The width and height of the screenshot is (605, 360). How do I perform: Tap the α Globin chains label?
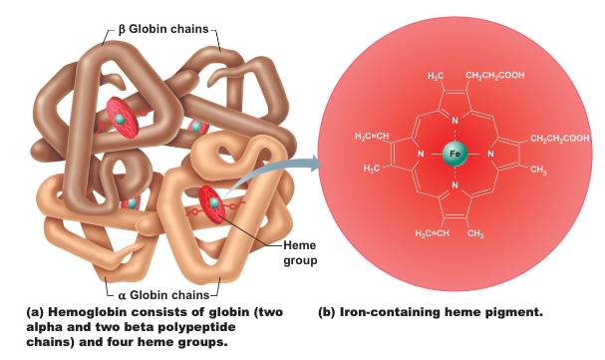pyautogui.click(x=163, y=295)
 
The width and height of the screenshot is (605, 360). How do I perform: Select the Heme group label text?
pyautogui.click(x=300, y=252)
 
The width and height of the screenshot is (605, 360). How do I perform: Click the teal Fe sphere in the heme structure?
pyautogui.click(x=454, y=154)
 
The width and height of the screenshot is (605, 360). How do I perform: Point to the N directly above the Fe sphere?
pyautogui.click(x=454, y=121)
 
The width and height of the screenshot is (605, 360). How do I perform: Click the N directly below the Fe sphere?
pyautogui.click(x=454, y=185)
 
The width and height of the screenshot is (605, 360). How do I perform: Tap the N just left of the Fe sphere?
pyautogui.click(x=421, y=154)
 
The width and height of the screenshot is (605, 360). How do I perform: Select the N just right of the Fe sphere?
pyautogui.click(x=490, y=154)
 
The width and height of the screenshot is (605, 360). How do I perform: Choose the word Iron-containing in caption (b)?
pyautogui.click(x=389, y=312)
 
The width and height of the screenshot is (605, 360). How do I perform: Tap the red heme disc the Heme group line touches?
pyautogui.click(x=212, y=204)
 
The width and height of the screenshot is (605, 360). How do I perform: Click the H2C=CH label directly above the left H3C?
pyautogui.click(x=372, y=137)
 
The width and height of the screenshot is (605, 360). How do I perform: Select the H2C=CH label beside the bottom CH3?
pyautogui.click(x=432, y=233)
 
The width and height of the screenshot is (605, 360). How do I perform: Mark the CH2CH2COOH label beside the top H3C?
pyautogui.click(x=495, y=75)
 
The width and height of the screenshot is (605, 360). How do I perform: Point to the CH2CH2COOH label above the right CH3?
pyautogui.click(x=560, y=139)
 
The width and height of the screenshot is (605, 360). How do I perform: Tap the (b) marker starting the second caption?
pyautogui.click(x=327, y=312)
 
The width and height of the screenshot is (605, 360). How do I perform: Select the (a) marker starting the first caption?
pyautogui.click(x=35, y=312)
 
